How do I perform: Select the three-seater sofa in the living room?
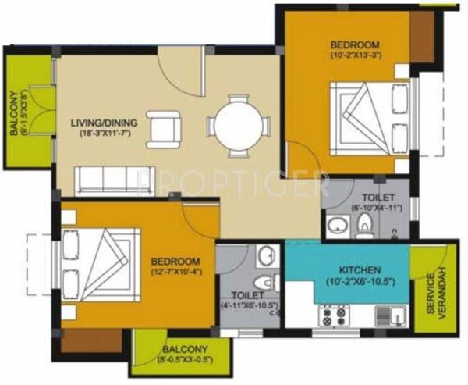tap(116, 180)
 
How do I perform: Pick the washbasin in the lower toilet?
tap(265, 256)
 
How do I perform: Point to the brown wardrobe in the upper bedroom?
tap(421, 34)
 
